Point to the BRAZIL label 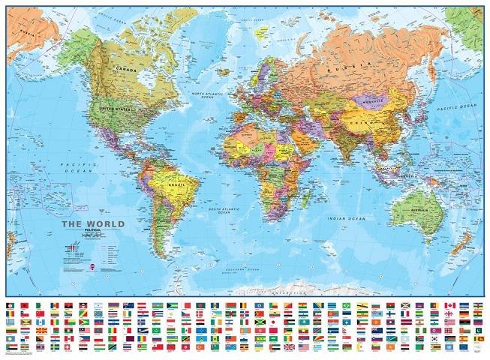pyautogui.click(x=178, y=184)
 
